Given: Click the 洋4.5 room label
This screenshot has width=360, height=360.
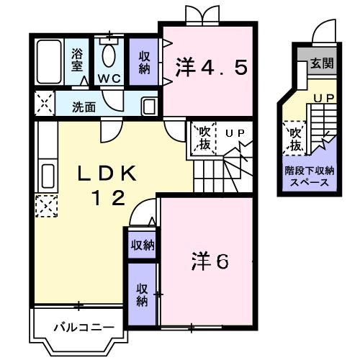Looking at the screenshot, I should point(212,68).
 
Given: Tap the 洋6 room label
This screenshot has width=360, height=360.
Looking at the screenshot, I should point(210,261).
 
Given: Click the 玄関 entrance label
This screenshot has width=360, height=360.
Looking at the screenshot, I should point(322,63).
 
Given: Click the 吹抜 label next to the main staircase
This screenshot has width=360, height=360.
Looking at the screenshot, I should point(204,139).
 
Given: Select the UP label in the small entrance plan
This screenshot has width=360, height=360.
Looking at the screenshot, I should point(323,96).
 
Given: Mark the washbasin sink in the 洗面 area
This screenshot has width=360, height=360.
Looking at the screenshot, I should point(149,107).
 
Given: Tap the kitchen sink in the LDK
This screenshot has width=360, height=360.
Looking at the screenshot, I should point(47,176).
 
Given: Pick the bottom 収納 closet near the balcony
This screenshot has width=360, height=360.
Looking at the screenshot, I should point(142,294).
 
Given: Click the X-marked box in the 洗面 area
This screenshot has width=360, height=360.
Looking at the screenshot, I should point(45,104).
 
